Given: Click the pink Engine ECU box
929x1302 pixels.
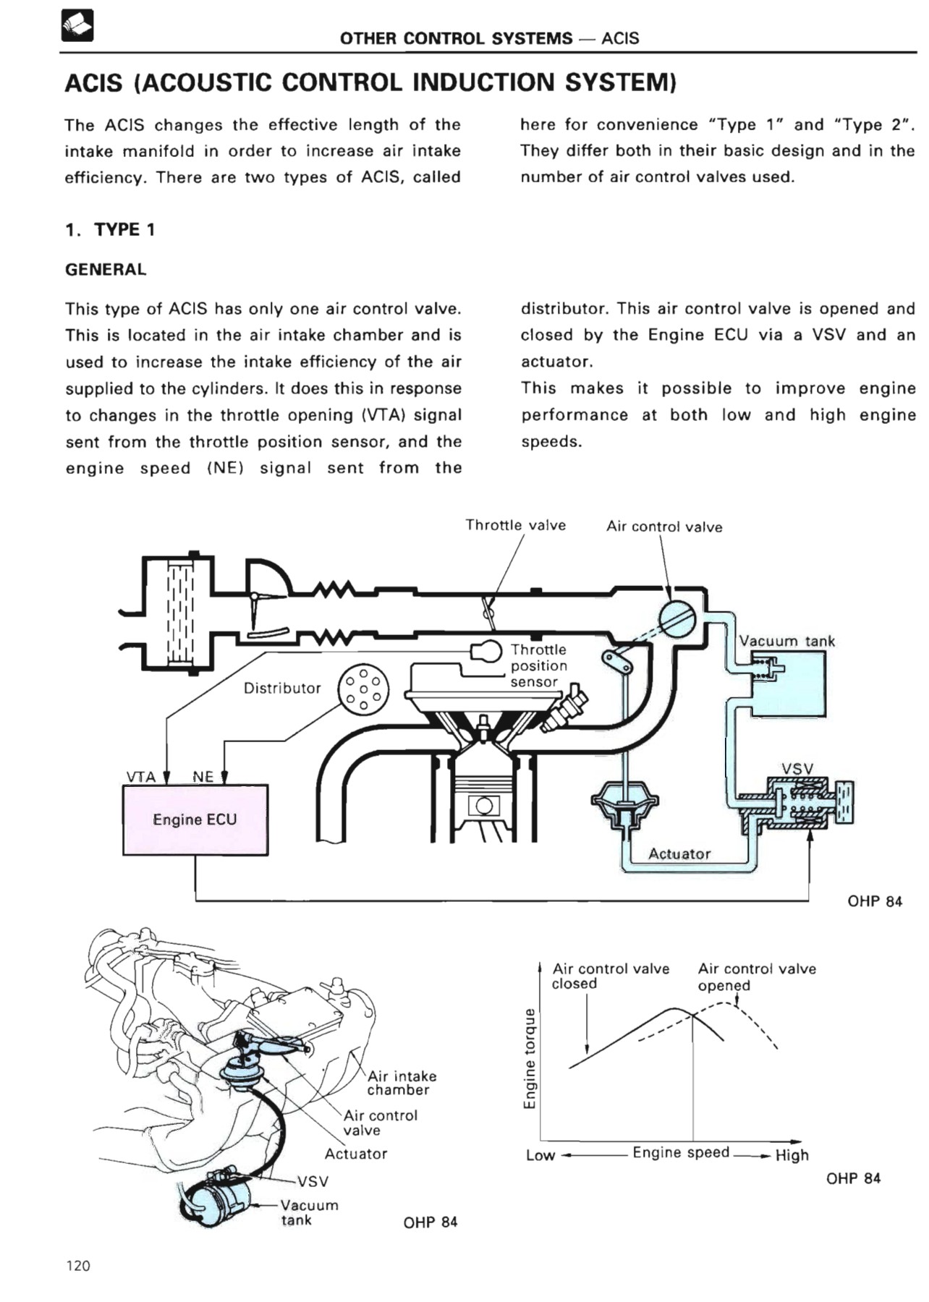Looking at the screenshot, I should tap(195, 820).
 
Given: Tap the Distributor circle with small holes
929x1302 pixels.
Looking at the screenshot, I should tap(363, 689).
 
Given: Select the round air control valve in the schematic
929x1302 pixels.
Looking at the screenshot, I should tap(677, 620).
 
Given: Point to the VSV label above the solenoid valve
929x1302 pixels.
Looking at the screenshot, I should tap(797, 768).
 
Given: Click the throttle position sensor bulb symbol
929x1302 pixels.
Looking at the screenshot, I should tap(487, 651).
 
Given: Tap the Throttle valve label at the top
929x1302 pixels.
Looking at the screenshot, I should tap(515, 525).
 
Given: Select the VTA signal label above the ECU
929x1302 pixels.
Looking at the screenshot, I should tap(141, 777).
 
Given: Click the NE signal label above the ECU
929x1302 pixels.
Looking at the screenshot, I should tap(203, 777).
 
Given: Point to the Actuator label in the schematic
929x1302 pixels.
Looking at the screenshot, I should tap(679, 854).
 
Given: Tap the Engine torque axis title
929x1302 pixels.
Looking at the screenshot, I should tap(530, 1058).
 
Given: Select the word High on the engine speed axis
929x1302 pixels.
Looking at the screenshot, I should tap(792, 1155).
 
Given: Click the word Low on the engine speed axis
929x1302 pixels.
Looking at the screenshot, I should tap(540, 1155).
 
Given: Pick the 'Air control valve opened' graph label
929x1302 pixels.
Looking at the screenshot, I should tap(756, 977).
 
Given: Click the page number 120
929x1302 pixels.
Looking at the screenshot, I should tap(78, 1265).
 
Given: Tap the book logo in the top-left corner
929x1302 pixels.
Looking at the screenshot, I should tap(77, 27).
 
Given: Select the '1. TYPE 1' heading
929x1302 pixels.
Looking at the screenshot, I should tap(110, 230).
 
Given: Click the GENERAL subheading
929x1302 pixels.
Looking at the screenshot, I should tap(106, 270).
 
